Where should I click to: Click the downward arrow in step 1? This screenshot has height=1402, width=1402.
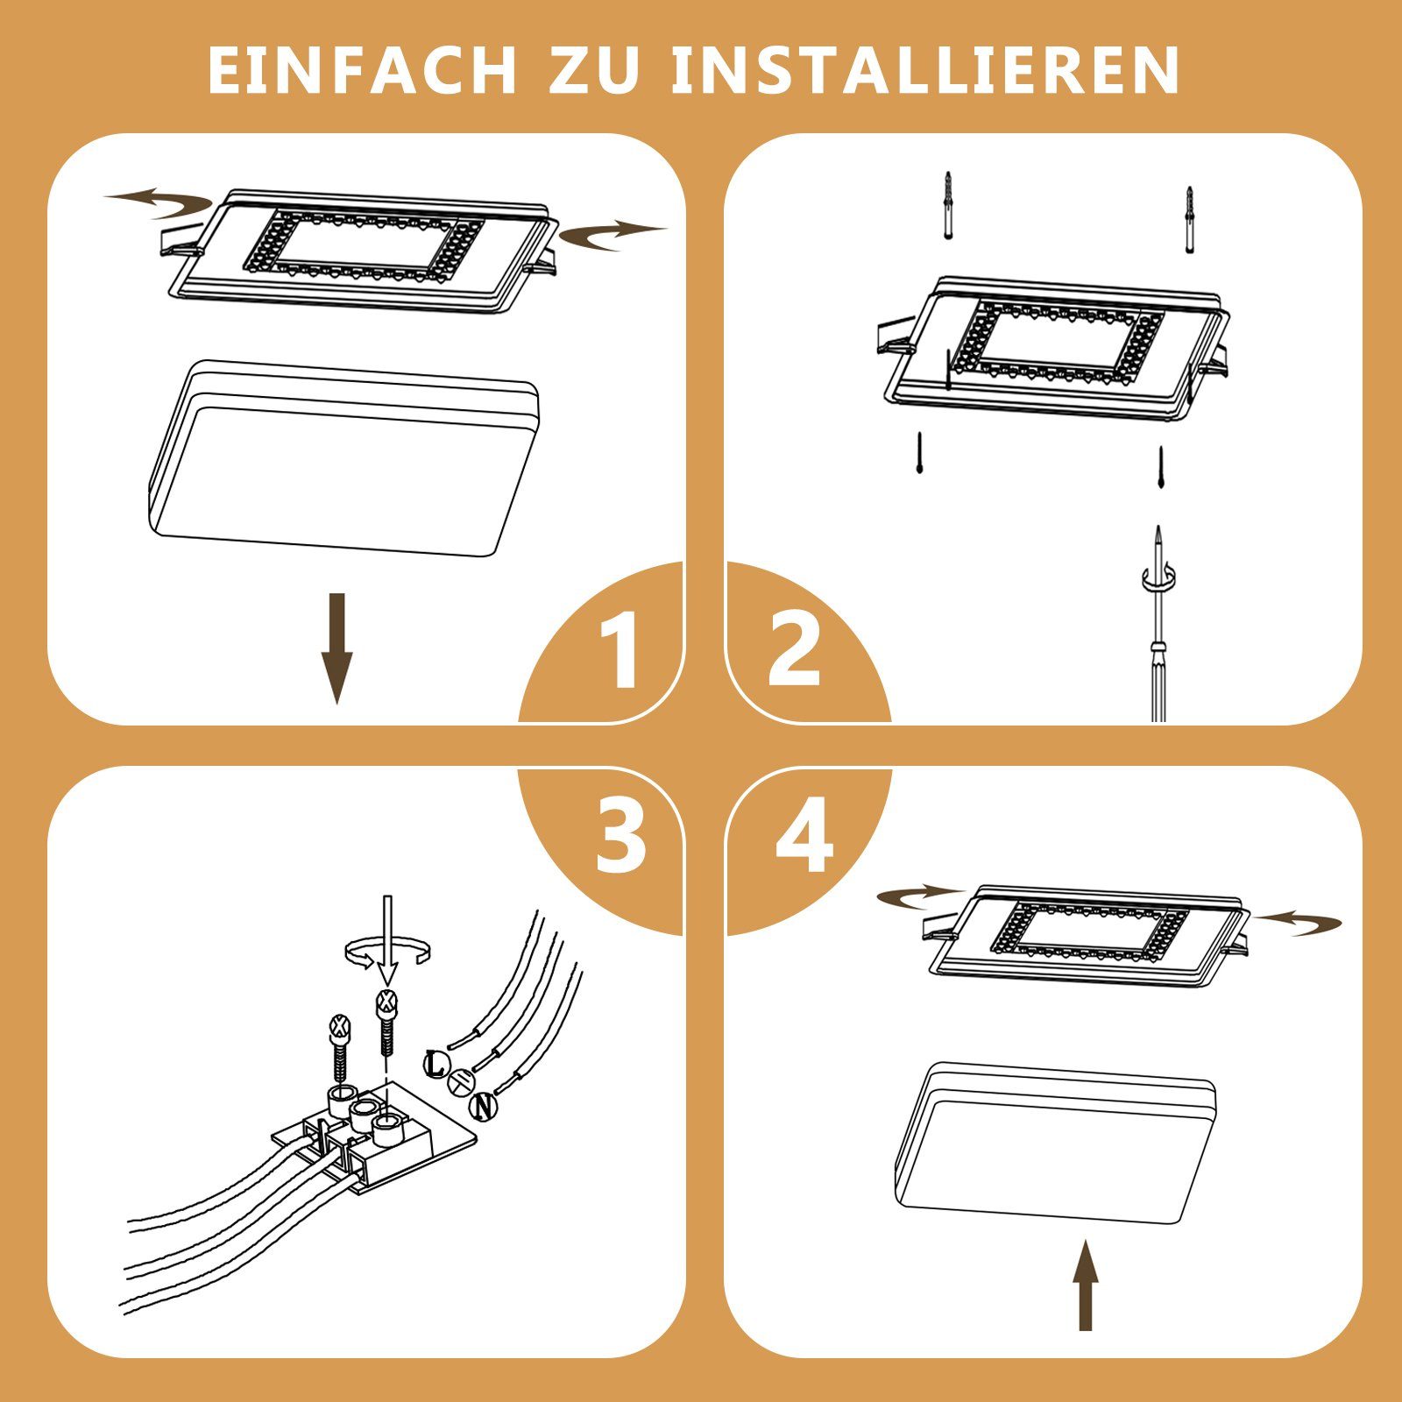click(336, 648)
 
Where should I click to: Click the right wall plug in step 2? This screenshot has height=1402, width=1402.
click(1189, 219)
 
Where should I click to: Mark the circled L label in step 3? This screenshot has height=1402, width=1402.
click(435, 1064)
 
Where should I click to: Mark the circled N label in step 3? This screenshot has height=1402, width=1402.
click(482, 1106)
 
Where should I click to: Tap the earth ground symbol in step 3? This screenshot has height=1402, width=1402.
click(462, 1084)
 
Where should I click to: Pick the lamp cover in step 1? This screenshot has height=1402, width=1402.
click(343, 460)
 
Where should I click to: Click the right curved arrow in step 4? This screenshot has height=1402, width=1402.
click(1300, 922)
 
